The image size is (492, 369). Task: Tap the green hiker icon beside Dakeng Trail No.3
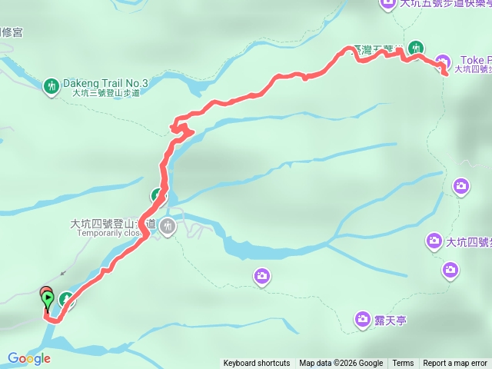pyautogui.click(x=52, y=86)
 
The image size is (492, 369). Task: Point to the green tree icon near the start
pyautogui.click(x=65, y=299)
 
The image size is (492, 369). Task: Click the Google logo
pyautogui.click(x=29, y=358)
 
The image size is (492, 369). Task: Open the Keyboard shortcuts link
pyautogui.click(x=257, y=364)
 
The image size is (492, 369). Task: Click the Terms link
pyautogui.click(x=403, y=364)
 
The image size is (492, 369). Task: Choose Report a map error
pyautogui.click(x=455, y=364)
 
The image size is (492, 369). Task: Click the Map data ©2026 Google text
pyautogui.click(x=341, y=364)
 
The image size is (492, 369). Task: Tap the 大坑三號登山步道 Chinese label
pyautogui.click(x=106, y=93)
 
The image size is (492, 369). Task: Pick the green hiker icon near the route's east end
pyautogui.click(x=416, y=46)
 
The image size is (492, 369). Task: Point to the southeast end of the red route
pyautogui.click(x=446, y=74)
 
